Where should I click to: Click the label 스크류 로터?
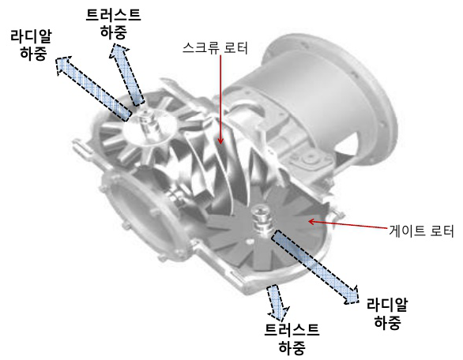click(215, 49)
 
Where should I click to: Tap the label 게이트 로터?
click(420, 232)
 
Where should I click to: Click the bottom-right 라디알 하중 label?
click(386, 313)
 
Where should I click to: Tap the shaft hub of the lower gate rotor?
click(259, 218)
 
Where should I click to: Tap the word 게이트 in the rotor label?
click(405, 232)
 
